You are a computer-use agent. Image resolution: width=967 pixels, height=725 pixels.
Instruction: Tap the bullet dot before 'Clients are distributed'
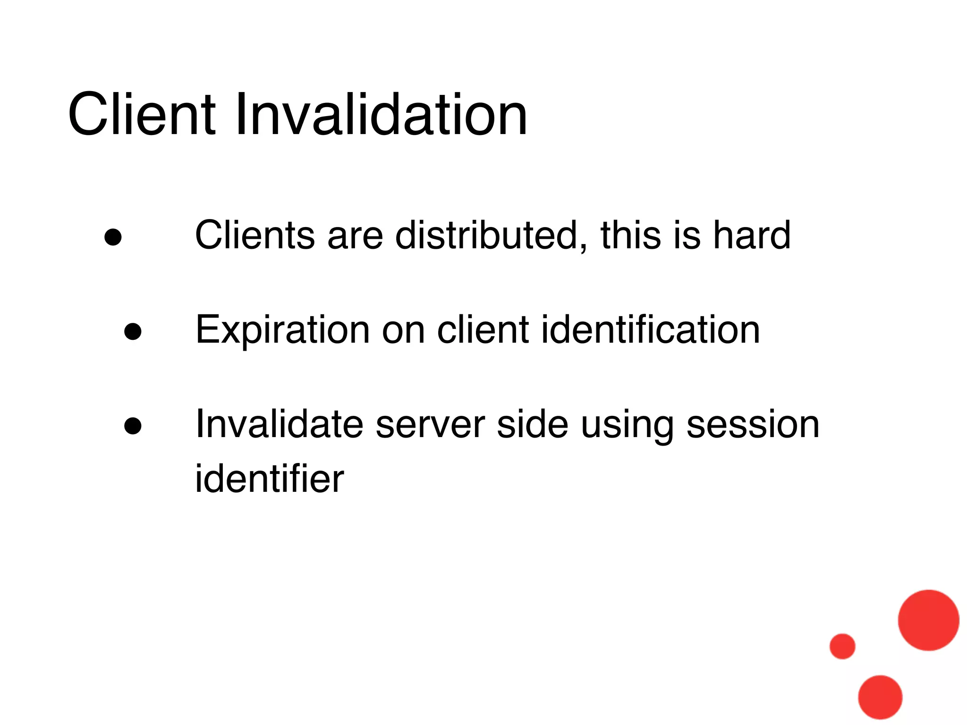(x=113, y=237)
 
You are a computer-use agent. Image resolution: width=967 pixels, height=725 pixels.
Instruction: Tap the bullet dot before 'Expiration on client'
(x=133, y=331)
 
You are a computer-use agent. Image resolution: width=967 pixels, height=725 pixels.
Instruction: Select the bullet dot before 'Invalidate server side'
(x=133, y=426)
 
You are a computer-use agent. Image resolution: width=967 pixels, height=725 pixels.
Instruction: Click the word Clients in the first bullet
(x=254, y=235)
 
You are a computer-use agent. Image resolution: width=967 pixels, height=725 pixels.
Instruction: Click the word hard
(x=751, y=235)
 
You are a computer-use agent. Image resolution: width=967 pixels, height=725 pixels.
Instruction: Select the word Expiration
(x=282, y=330)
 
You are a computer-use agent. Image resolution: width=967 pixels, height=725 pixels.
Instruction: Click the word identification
(x=650, y=329)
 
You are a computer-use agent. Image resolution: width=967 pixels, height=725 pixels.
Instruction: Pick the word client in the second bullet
(x=483, y=329)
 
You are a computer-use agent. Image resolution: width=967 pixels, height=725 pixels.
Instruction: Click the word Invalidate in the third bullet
(x=280, y=424)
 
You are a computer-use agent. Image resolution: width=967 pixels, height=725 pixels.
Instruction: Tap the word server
(x=430, y=425)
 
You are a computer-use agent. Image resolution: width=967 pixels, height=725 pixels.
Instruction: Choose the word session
(x=753, y=425)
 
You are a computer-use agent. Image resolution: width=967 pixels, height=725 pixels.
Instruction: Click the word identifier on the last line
(x=270, y=479)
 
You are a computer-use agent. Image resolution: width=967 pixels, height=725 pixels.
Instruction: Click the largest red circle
(x=928, y=620)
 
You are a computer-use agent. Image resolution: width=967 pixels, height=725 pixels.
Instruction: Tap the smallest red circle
(x=842, y=646)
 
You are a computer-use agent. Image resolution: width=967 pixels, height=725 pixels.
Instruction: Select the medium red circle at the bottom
(x=880, y=697)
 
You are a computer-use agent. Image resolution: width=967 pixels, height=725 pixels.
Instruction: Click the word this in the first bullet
(x=631, y=235)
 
